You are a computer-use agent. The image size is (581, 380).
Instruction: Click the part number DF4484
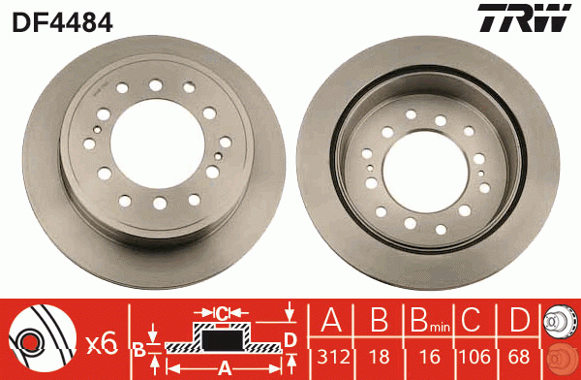coord(63,20)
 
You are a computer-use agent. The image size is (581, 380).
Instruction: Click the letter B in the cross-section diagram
coord(139,347)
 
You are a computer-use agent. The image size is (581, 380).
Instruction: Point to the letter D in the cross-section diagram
coord(290,340)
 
